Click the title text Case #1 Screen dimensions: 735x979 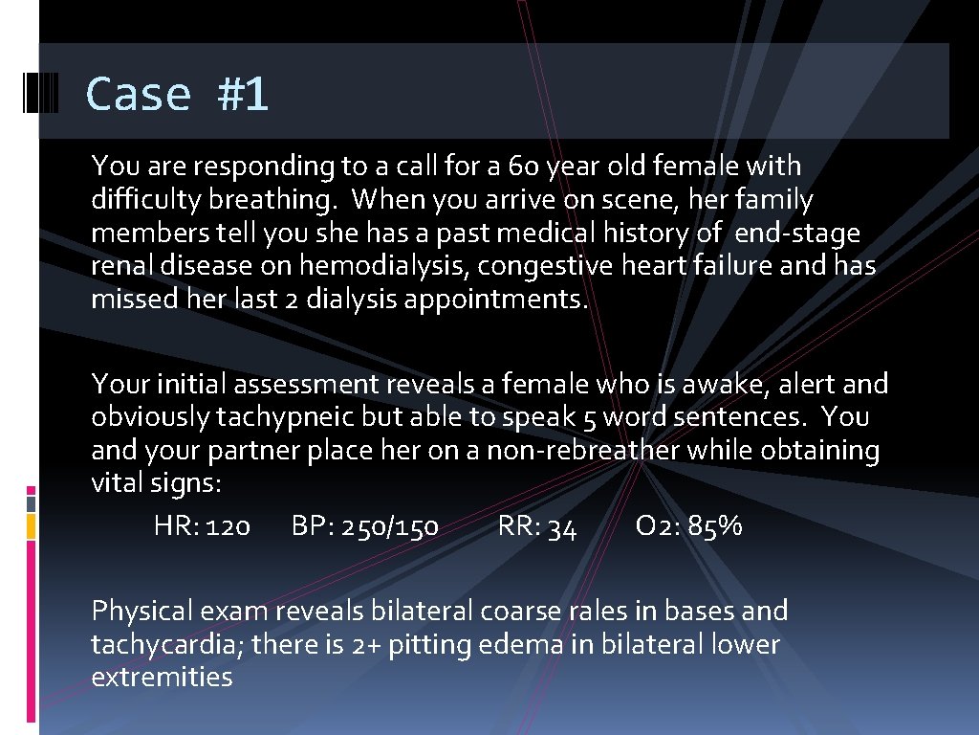pos(177,94)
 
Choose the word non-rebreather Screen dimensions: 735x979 pos(584,451)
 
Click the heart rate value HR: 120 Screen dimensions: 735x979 pos(202,526)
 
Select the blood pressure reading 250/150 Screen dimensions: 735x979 pos(392,526)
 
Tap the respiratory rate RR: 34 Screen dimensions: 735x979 pos(537,526)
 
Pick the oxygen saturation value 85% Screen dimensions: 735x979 pos(714,526)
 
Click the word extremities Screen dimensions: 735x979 pos(162,678)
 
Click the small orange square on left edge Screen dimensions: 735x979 pos(31,525)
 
